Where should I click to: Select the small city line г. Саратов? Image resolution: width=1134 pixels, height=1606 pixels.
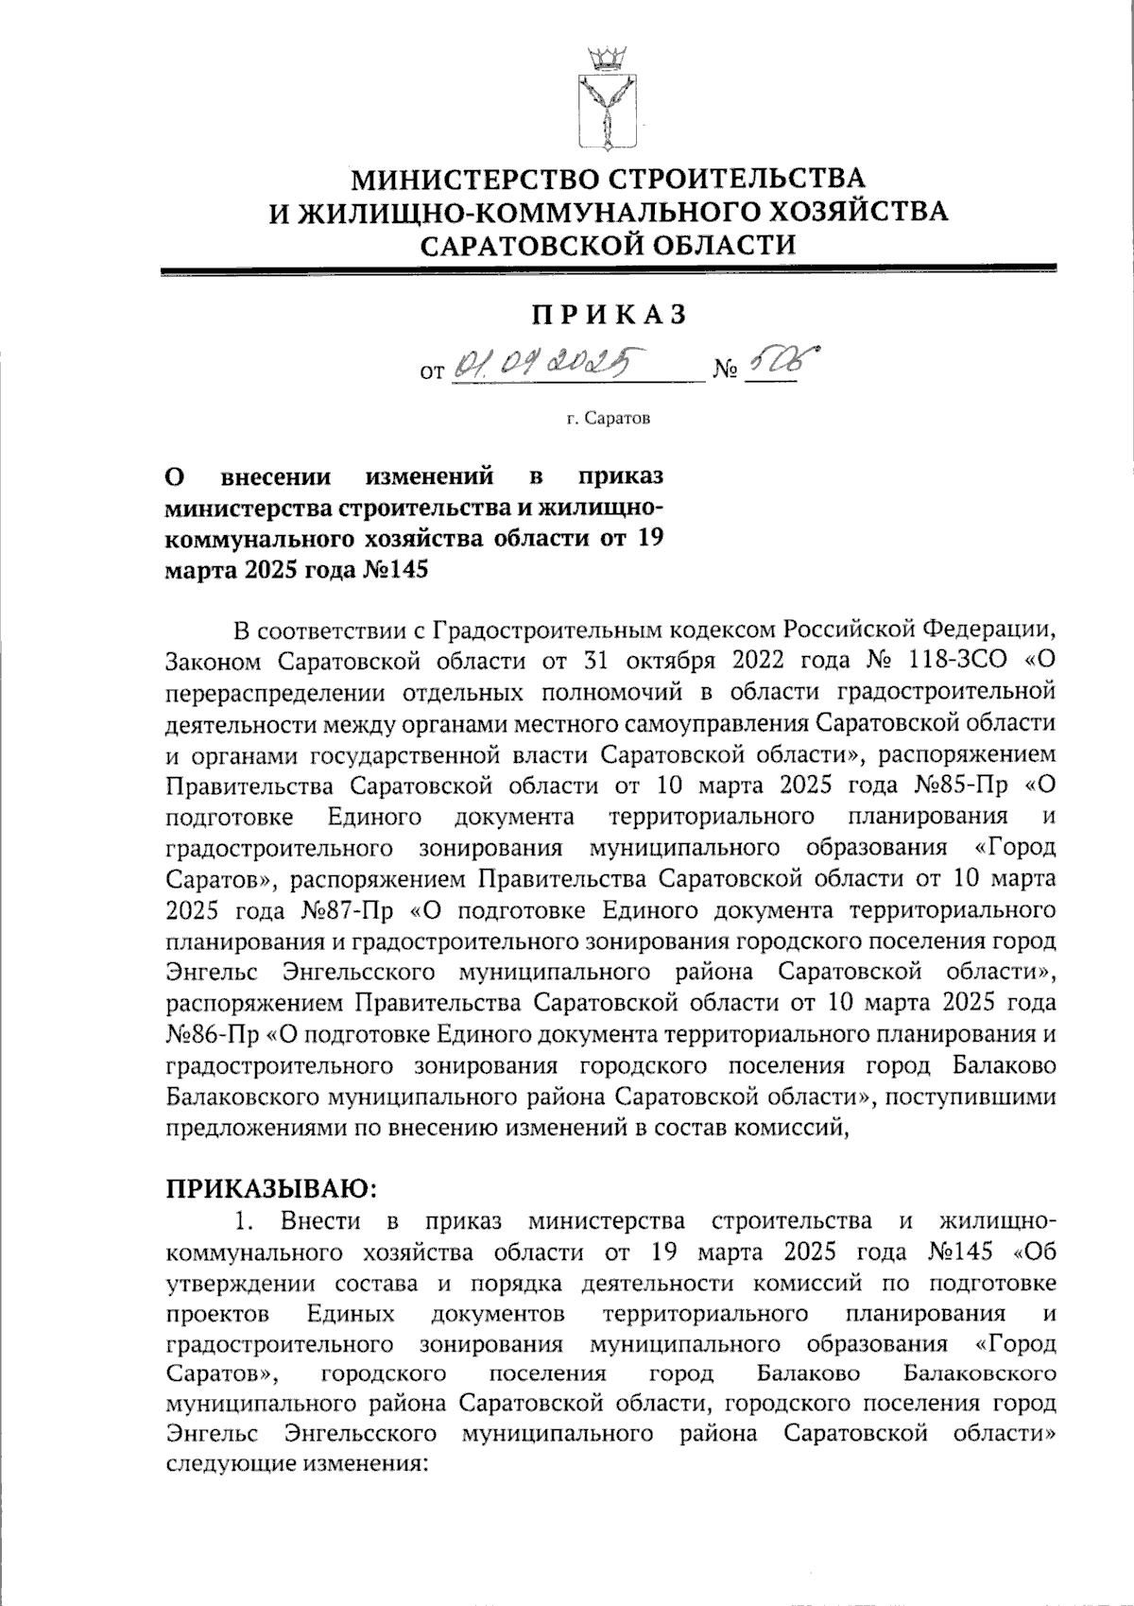[x=608, y=417]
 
